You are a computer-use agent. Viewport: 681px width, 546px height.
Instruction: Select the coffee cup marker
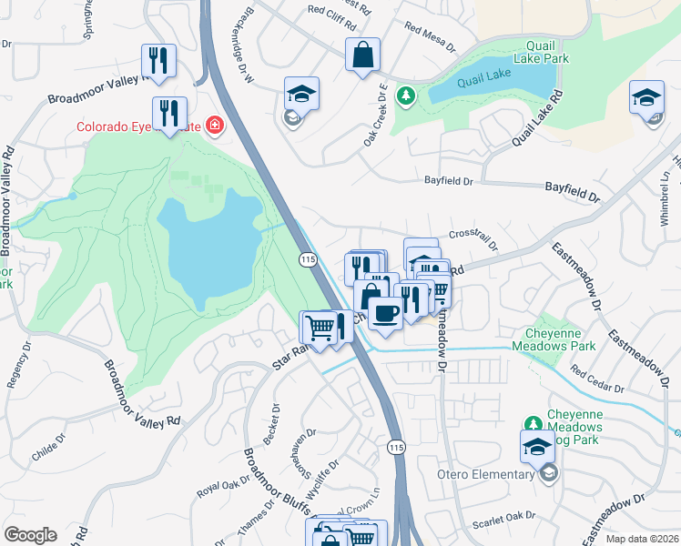[x=385, y=313]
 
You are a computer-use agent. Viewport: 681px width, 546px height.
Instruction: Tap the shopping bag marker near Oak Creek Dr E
[x=362, y=54]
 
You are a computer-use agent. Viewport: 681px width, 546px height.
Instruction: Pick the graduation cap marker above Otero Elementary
[x=537, y=446]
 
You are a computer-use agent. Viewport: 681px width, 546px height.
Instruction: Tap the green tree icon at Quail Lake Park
[x=404, y=94]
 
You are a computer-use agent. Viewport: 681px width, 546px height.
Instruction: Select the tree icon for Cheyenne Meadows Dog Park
[x=534, y=423]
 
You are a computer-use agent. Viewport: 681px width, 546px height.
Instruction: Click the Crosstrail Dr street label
[x=473, y=239]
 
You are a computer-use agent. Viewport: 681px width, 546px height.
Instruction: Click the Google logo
[x=30, y=535]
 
